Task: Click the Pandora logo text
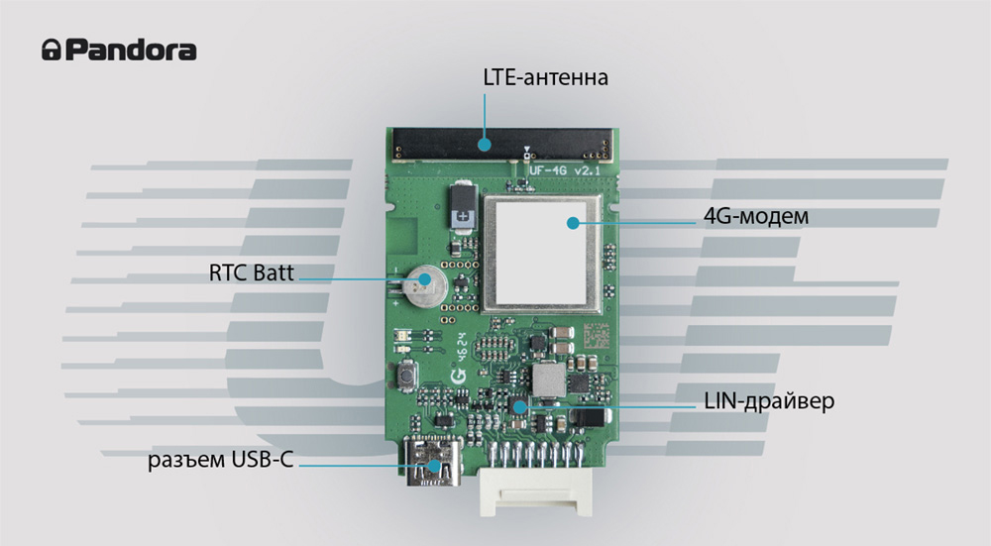131,50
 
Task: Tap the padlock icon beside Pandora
52,50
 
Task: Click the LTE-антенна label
545,77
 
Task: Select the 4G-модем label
756,216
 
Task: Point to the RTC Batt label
252,273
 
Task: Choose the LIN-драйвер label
769,401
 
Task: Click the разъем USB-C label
221,460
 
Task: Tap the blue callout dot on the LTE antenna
485,145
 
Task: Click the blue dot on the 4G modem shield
573,223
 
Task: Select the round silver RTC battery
425,284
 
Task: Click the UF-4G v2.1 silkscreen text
565,170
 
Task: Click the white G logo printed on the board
458,376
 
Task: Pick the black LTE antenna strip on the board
502,145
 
